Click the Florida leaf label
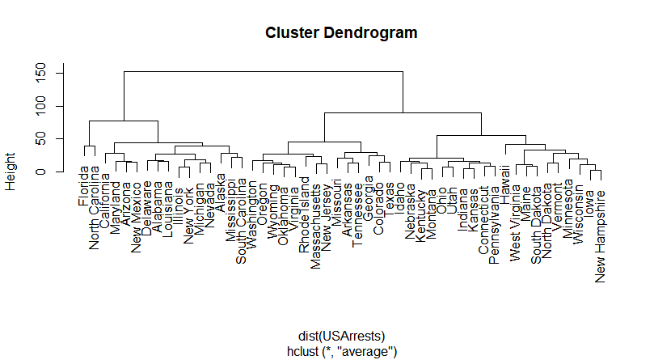tap(84, 185)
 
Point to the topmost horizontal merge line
tap(263, 71)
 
